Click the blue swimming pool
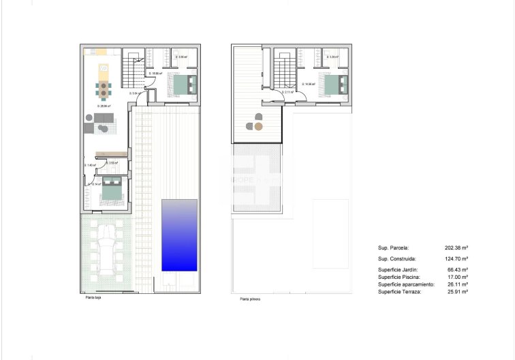pos(180,235)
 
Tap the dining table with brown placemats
pos(104,88)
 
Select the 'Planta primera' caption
pos(249,299)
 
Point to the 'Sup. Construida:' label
pos(397,260)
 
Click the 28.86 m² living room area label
pos(104,106)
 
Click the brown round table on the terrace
pos(258,126)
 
